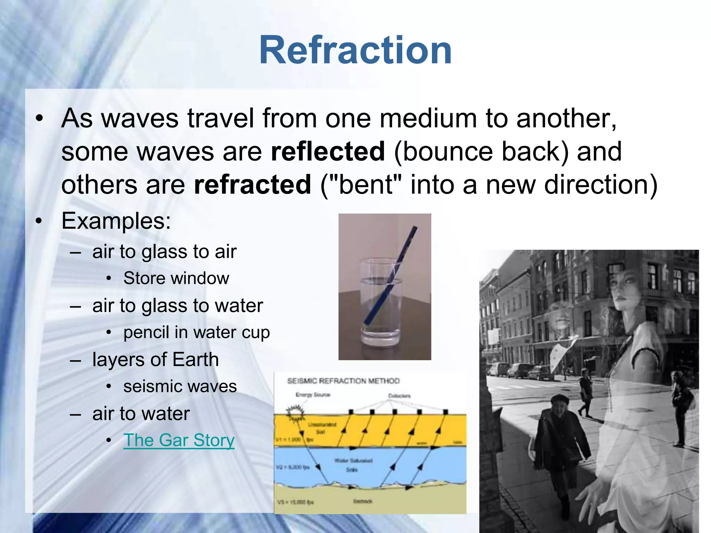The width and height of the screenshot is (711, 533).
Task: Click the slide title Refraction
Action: (355, 50)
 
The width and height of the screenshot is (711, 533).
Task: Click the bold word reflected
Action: (328, 152)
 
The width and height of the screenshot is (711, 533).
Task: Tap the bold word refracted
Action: (252, 185)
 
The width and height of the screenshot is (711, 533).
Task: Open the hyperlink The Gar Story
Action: (179, 440)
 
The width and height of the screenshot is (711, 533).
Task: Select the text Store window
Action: (176, 278)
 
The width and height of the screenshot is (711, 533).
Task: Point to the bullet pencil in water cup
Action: (196, 332)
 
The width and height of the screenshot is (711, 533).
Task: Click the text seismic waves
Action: (180, 387)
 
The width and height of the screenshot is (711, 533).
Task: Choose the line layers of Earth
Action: (155, 359)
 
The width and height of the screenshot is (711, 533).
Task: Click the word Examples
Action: (116, 221)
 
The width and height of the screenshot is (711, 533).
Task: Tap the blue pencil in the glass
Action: (389, 278)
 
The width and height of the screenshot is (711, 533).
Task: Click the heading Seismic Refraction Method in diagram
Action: (343, 381)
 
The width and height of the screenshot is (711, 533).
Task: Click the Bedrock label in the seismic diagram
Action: (363, 501)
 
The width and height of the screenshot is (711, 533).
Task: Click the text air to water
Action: (141, 414)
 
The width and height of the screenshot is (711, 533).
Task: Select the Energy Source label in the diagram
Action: (313, 395)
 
